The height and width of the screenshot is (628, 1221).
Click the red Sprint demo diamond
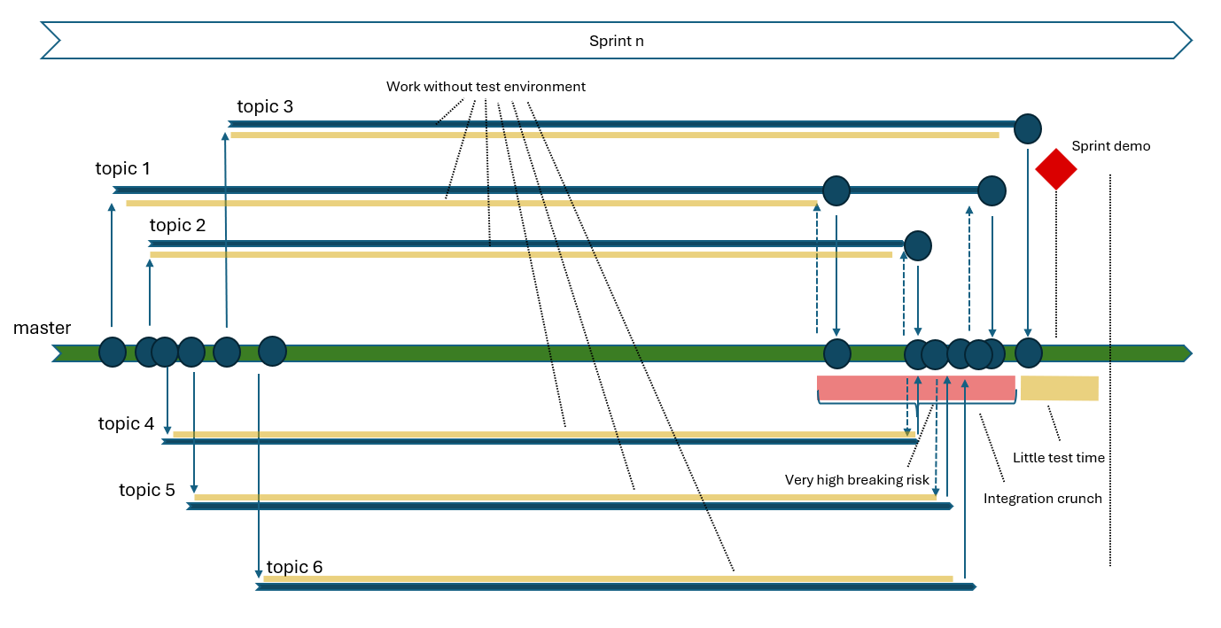tap(1055, 168)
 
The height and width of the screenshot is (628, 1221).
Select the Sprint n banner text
tap(616, 41)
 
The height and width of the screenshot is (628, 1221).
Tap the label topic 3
tap(265, 107)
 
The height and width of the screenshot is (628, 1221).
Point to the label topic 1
tap(123, 168)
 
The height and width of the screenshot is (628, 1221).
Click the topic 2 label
tap(177, 226)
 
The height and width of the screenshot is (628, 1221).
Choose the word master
tap(42, 329)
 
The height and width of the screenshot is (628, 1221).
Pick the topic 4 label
tap(126, 424)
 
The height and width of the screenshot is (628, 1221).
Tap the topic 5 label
tap(147, 490)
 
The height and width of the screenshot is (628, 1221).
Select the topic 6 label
tap(294, 568)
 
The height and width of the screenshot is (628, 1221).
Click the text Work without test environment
tap(486, 87)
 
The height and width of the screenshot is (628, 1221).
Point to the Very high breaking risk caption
tap(857, 480)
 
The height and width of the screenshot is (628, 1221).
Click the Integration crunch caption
tap(1042, 499)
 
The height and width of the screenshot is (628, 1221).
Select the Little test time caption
tap(1058, 458)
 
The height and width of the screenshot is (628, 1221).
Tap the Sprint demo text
tap(1110, 146)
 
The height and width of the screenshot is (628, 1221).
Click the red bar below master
tap(915, 387)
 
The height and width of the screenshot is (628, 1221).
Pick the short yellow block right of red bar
tap(1059, 388)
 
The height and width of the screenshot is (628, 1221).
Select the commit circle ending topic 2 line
tap(918, 245)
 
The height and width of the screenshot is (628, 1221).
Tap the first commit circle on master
tap(113, 352)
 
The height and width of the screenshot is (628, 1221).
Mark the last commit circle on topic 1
tap(992, 190)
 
